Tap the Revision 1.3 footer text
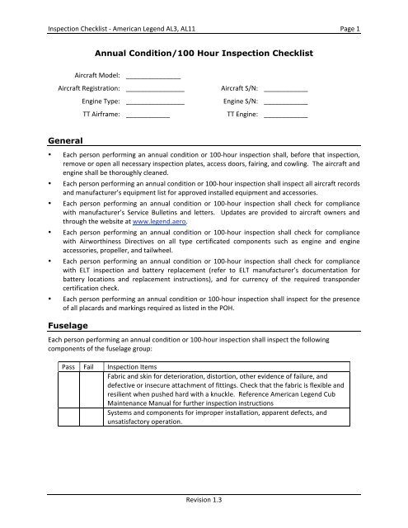pos(204,499)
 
